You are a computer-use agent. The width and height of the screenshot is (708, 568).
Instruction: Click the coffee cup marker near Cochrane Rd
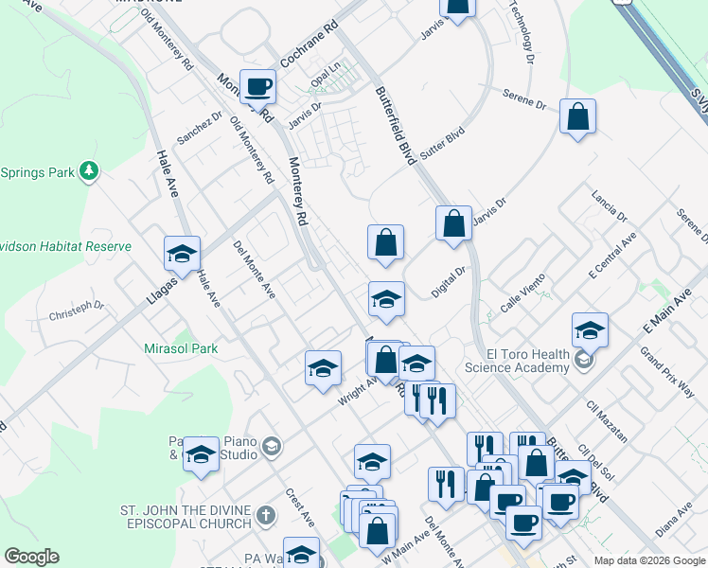258,87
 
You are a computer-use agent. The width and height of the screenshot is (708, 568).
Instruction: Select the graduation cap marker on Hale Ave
182,254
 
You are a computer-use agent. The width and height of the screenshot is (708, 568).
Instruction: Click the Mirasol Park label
181,348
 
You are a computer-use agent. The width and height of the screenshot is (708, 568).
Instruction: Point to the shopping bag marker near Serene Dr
577,117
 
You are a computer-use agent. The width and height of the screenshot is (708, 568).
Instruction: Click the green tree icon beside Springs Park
88,171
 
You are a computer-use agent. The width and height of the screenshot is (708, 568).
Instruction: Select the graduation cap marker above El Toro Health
590,330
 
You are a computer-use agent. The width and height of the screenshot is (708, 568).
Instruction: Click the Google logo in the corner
31,557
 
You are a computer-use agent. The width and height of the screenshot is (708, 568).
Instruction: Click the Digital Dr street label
449,282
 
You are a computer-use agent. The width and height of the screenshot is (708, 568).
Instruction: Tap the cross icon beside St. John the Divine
266,518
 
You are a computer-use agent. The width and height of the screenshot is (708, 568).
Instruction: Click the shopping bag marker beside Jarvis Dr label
454,224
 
